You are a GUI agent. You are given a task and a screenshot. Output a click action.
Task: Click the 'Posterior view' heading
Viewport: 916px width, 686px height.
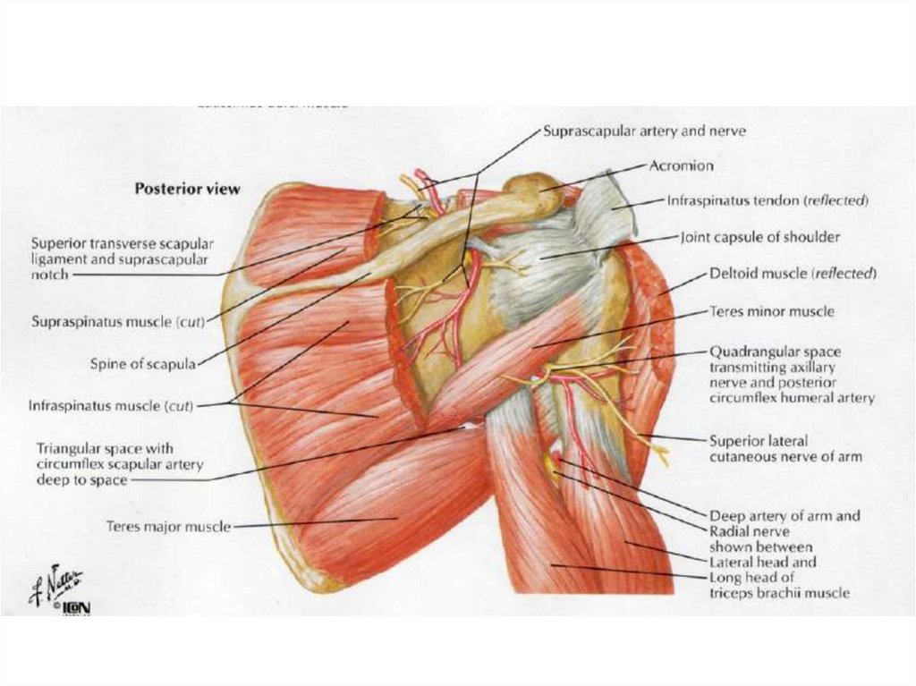coord(187,190)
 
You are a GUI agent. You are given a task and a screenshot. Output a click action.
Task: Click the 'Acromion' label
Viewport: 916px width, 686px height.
coord(681,166)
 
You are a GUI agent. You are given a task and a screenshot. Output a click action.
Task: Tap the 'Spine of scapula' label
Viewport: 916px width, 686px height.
coord(142,364)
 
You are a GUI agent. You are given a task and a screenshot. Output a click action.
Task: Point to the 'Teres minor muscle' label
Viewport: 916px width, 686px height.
coord(771,312)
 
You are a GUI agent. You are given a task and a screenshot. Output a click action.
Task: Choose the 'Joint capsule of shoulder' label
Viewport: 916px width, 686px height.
coord(760,238)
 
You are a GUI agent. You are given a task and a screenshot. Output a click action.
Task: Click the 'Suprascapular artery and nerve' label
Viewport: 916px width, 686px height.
coord(644,131)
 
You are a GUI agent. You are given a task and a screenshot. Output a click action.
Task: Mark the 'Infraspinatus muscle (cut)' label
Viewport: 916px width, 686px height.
coord(111,406)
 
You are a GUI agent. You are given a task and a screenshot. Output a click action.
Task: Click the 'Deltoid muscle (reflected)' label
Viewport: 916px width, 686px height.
coord(793,273)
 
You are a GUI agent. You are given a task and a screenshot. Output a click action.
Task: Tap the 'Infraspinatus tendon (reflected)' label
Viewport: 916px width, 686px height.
coord(768,202)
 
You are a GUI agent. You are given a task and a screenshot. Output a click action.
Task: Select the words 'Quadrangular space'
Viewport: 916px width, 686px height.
coord(774,352)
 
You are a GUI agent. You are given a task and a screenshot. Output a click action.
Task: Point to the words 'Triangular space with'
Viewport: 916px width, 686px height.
coord(105,449)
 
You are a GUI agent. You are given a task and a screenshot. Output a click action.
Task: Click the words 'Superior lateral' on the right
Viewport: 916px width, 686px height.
coord(759,441)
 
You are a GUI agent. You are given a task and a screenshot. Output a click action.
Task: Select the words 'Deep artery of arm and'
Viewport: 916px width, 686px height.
coord(785,516)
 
